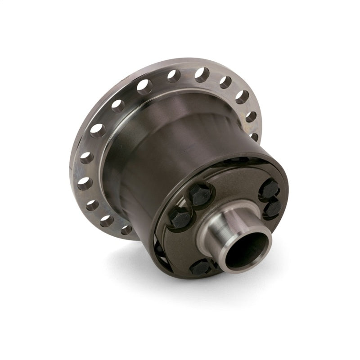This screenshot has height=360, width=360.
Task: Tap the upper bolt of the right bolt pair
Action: pyautogui.click(x=270, y=189)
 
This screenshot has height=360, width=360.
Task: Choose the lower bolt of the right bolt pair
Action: pyautogui.click(x=273, y=208)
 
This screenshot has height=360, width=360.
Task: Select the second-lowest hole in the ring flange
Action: pyautogui.click(x=107, y=221)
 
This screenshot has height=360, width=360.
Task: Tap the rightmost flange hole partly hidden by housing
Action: pyautogui.click(x=254, y=136)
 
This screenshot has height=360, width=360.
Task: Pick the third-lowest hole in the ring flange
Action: pyautogui.click(x=93, y=205)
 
